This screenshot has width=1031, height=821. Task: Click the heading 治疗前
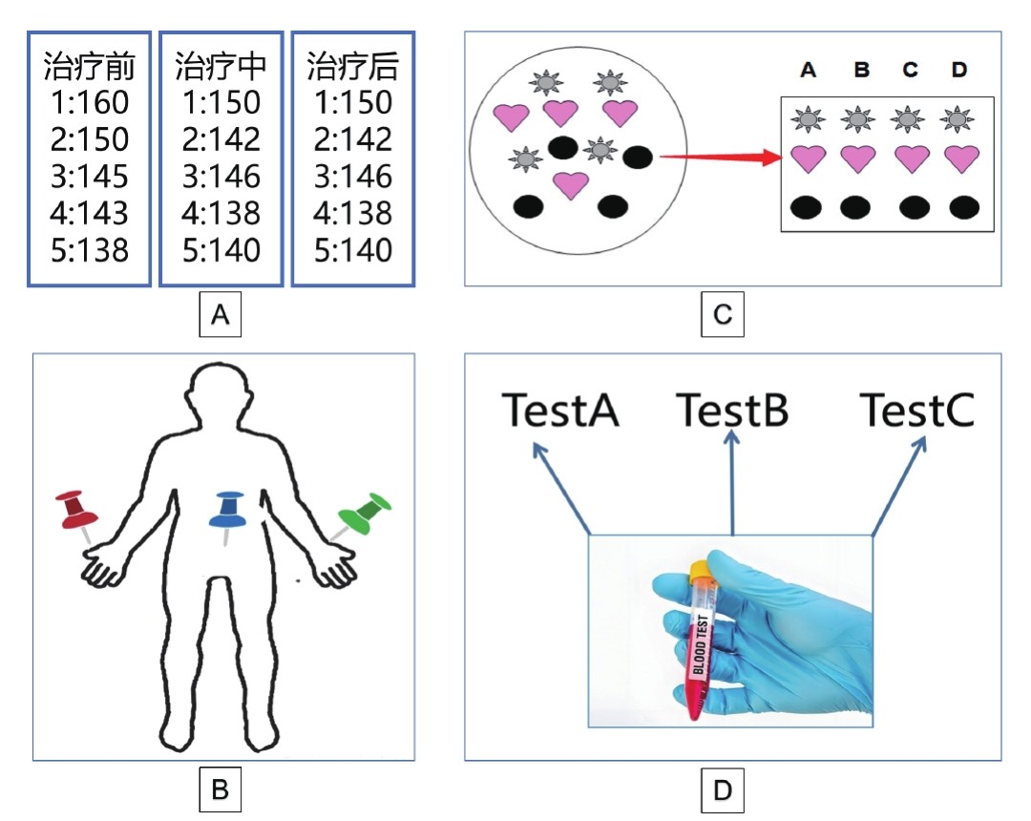90,67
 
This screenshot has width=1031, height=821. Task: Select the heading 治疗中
221,67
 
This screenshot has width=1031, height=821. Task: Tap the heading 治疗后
352,67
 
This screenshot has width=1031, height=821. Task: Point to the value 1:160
90,102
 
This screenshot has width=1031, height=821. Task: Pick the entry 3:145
90,177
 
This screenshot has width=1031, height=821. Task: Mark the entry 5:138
90,250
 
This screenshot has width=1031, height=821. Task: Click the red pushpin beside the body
75,511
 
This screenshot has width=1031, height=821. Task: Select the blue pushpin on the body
227,511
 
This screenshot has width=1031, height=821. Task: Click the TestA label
560,410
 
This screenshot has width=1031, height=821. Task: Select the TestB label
732,410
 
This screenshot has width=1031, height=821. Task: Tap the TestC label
916,410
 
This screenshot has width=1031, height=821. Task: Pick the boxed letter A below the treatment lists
221,314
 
